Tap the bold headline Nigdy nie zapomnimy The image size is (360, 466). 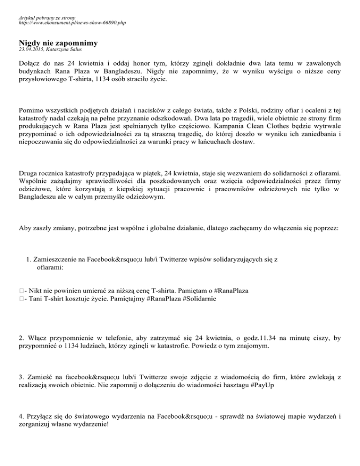(59, 43)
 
